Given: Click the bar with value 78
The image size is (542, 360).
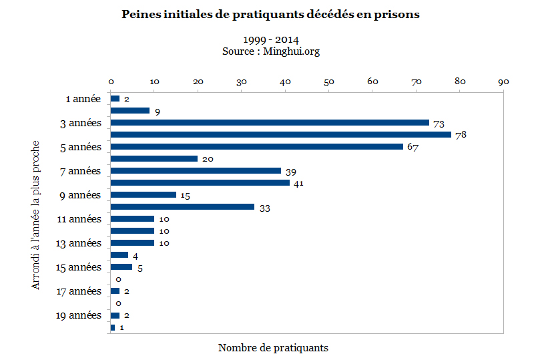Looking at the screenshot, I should (280, 134).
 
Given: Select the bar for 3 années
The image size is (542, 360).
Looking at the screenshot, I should (270, 123).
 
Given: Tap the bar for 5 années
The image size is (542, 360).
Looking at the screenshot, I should (256, 146).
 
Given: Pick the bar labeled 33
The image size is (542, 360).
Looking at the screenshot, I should (182, 207).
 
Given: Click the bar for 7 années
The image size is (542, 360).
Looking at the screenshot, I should (196, 170).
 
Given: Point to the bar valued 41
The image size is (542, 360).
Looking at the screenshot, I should (200, 182).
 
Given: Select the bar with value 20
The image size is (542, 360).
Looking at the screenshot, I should (154, 158).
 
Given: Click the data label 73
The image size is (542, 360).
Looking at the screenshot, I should (439, 124).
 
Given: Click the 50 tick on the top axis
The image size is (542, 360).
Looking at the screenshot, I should (329, 81).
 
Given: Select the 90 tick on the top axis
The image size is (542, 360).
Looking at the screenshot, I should (503, 81).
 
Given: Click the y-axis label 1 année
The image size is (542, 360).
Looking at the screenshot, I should (83, 99).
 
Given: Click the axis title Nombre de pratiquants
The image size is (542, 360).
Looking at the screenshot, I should (273, 348).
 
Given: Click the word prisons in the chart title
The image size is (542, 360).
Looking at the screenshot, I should (394, 15).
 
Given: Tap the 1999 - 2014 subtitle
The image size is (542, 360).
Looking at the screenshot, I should (271, 40).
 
